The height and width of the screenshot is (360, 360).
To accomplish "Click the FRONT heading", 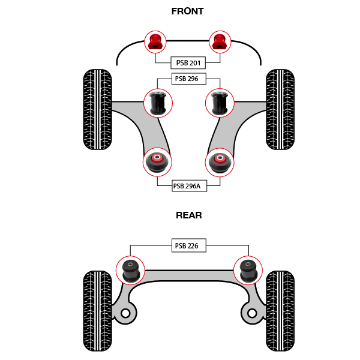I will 187,11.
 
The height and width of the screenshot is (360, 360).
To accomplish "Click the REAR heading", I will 188,215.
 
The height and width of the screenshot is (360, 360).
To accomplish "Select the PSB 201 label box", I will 188,63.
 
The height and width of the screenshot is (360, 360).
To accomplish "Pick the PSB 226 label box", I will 188,245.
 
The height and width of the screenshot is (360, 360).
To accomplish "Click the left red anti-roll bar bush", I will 155,41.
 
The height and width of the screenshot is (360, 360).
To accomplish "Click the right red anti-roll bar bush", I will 220,41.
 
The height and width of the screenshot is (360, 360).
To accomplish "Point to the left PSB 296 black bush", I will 158,103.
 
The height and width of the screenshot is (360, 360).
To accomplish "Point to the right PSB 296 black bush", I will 220,103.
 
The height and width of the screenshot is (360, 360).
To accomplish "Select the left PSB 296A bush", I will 157,162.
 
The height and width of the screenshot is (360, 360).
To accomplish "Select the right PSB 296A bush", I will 220,162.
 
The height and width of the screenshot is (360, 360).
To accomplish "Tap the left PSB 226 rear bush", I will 130,270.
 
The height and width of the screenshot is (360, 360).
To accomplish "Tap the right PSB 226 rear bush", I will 247,270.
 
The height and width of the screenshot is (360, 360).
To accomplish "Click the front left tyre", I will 97,110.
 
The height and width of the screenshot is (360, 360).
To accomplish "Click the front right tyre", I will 280,110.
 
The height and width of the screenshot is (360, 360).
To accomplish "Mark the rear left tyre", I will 97,311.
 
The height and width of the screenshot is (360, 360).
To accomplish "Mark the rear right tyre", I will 280,311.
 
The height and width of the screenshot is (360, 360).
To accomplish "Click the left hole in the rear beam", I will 125,313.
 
